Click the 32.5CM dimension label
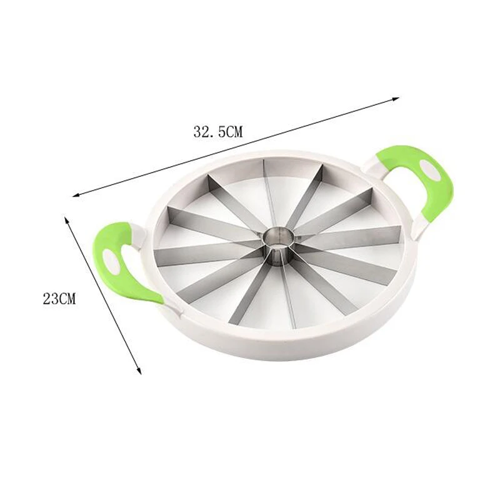pos(217,131)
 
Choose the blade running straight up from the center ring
pos(266,194)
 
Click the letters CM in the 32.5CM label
pos(232,131)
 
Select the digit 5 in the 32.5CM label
pos(216,131)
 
